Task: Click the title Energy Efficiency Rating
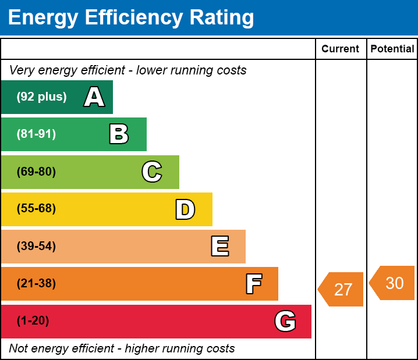131,18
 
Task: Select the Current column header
340,49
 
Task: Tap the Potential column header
392,49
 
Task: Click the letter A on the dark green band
94,97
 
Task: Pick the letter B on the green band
119,134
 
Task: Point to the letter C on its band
152,172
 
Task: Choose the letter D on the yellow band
185,209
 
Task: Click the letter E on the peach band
219,247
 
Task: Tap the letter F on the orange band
253,284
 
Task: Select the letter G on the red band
285,321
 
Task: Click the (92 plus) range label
41,97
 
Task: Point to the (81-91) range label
36,134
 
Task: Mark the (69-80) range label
36,172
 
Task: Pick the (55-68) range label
36,209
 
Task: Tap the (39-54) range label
36,247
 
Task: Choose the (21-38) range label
36,284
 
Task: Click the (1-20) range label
33,321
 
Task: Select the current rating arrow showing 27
342,289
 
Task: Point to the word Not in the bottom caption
19,349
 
